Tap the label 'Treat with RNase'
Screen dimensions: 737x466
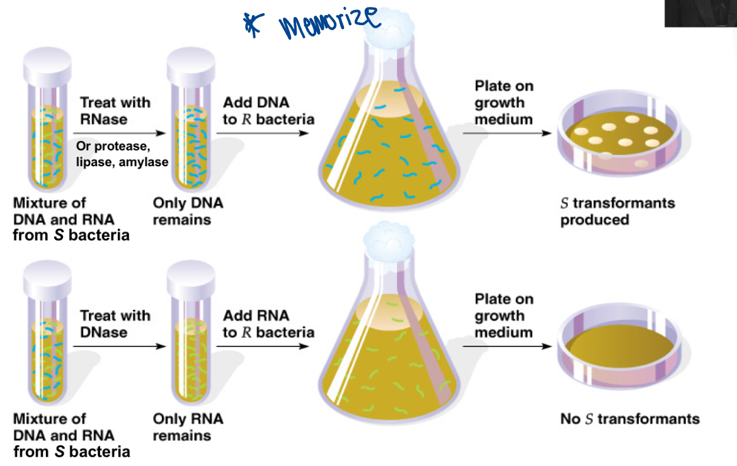pos(115,110)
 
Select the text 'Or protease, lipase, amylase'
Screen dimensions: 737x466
pos(122,154)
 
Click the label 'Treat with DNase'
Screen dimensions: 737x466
pos(115,324)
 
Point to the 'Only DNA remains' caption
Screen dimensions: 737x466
pos(188,212)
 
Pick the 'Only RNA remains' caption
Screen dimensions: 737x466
pos(188,426)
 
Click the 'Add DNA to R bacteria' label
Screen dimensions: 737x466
pos(268,110)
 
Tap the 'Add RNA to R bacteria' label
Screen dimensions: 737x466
pos(268,324)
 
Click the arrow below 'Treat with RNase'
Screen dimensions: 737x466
pos(120,134)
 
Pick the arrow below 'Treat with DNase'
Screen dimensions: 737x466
pos(120,346)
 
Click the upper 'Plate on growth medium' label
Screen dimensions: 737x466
pos(504,102)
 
